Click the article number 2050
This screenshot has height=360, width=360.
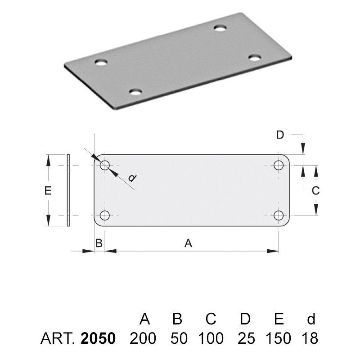coord(98,338)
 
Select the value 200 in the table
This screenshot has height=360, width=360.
coord(143,338)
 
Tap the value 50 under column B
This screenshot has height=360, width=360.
coord(179,338)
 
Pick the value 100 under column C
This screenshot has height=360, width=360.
coord(211,338)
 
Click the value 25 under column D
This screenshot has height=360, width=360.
coord(246,338)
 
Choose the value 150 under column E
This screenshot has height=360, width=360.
coord(279,338)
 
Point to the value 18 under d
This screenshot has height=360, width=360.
coord(310,338)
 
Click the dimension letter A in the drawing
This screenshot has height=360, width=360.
coord(188,243)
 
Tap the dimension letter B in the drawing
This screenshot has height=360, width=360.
coord(99,243)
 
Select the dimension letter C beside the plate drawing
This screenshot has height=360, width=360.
coord(316,190)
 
